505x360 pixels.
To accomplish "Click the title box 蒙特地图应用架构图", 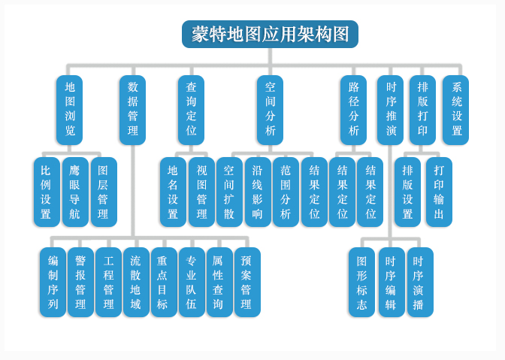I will tap(270, 34).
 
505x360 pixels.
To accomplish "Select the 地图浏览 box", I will tap(69, 110).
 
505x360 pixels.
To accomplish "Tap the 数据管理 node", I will tap(132, 110).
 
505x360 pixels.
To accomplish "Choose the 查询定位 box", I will tap(191, 110).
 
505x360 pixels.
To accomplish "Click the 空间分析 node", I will tap(270, 110).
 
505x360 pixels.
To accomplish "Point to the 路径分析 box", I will tap(353, 110).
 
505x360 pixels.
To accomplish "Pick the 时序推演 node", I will tap(391, 110).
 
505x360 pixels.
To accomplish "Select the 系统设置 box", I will tap(456, 110).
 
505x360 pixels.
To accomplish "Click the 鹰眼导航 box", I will tap(74, 192).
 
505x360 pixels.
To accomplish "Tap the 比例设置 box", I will tap(46, 192).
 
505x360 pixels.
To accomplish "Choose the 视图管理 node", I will tap(201, 192).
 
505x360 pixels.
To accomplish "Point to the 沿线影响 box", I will tap(258, 192).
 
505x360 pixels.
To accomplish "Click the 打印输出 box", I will tap(439, 192).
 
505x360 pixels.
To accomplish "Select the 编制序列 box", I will tap(53, 283).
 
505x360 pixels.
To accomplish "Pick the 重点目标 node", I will tap(164, 283).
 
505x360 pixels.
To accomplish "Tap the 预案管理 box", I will tap(246, 283).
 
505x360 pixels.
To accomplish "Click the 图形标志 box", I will tap(361, 283).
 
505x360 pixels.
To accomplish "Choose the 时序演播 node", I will tap(419, 283).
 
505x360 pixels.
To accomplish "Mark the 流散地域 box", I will tap(136, 283).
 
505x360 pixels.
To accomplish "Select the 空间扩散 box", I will tap(229, 192).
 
